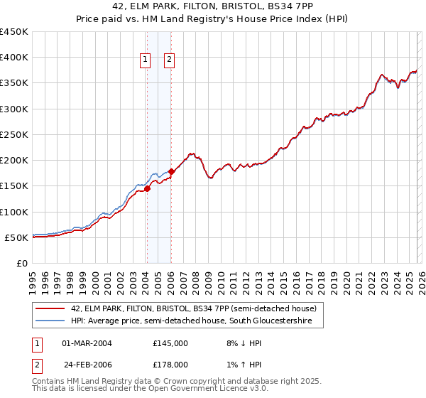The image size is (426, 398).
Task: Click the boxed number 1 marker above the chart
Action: click(146, 60)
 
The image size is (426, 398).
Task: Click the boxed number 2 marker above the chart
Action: click(170, 60)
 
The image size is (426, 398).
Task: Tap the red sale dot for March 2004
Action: click(147, 188)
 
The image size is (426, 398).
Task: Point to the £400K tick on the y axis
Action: click(15, 58)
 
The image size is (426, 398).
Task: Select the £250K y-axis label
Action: click(15, 134)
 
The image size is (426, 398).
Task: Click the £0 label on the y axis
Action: click(21, 263)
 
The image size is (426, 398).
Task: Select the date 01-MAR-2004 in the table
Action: click(87, 343)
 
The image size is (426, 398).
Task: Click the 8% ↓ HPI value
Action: click(238, 343)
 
